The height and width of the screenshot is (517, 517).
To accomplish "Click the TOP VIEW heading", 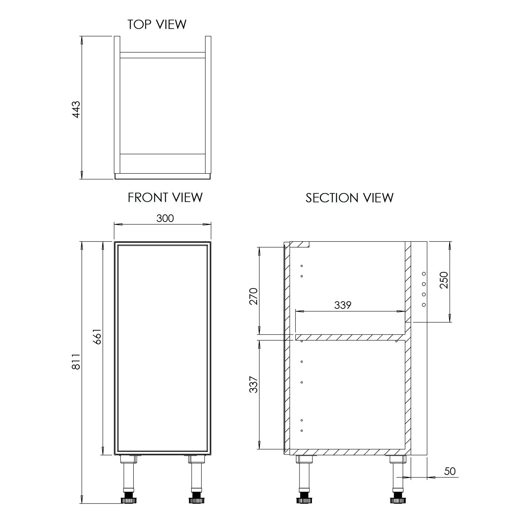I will (157, 24).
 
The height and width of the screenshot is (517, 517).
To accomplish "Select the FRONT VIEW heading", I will (165, 197).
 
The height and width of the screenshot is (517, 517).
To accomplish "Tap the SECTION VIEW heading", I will (349, 198).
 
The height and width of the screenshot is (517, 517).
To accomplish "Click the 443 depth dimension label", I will (76, 109).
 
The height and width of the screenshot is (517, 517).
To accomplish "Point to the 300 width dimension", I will (165, 218).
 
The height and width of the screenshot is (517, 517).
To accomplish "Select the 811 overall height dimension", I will (75, 361).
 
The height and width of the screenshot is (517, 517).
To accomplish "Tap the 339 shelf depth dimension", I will (343, 305).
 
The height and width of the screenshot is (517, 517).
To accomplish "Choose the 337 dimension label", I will (254, 384).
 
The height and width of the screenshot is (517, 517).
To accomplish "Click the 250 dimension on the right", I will (444, 280).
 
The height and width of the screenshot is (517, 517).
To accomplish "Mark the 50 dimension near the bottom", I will (450, 471).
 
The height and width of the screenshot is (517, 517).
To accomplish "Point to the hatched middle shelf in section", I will (350, 337).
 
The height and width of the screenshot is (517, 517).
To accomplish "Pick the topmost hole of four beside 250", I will (424, 274).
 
